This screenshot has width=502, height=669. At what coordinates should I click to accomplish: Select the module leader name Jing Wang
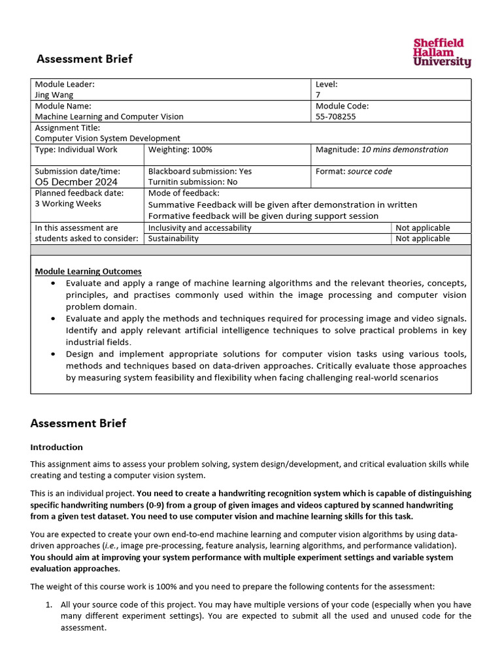pos(54,95)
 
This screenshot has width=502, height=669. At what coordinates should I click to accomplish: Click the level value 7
pos(318,95)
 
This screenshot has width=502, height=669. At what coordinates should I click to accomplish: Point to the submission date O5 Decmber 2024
pos(76,182)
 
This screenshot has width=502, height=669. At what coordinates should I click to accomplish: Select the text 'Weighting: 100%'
pos(180,150)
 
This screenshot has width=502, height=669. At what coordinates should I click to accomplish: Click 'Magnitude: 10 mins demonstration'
pos(382,150)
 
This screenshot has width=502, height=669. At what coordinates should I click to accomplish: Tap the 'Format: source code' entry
pos(354,171)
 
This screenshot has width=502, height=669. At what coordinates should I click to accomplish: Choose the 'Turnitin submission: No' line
pos(193,182)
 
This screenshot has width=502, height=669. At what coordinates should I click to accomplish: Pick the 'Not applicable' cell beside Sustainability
pos(423,238)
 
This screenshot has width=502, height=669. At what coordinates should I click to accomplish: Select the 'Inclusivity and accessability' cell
pos(200,228)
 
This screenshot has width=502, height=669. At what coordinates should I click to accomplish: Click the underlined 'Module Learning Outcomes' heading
pos(88,271)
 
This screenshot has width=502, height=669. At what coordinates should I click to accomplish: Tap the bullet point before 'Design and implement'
pos(54,354)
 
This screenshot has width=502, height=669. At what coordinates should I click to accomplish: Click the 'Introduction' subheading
pos(57,447)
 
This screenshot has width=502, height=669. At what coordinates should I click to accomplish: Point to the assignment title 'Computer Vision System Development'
pos(107,139)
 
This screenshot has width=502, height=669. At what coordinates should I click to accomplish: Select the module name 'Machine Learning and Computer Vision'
pos(109,116)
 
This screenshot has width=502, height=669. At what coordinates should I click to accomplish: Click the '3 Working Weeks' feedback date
pos(68,204)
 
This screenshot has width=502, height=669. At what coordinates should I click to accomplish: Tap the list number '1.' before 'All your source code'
pos(49,605)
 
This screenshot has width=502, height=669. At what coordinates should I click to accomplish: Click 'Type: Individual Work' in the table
pos(76,150)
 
